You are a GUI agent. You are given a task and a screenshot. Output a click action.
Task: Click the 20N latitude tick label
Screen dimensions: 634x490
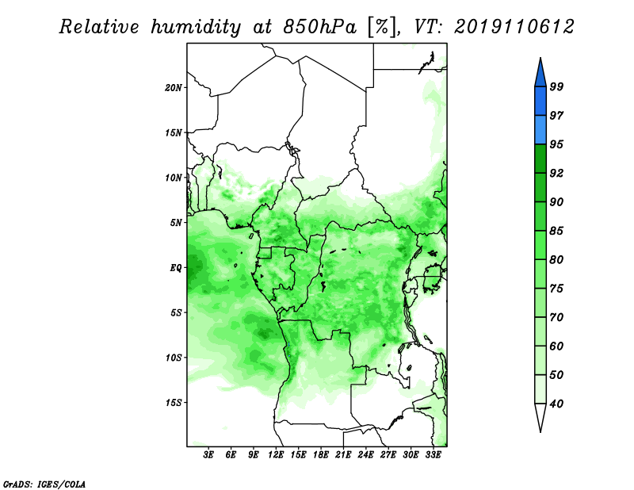(174, 88)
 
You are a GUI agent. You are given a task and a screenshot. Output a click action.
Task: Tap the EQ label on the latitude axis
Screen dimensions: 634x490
(175, 268)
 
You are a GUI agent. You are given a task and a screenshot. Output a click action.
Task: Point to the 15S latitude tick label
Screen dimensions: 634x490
(174, 403)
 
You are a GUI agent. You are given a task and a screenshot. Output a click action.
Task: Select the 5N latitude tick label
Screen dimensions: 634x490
(176, 223)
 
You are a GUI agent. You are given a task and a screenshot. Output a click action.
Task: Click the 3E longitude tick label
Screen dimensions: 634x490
(208, 454)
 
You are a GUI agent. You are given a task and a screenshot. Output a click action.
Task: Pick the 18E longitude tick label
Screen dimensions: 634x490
(321, 454)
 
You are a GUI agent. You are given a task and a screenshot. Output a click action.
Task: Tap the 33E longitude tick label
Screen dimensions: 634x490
(433, 454)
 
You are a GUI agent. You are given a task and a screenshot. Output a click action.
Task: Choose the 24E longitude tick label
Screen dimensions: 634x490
(365, 454)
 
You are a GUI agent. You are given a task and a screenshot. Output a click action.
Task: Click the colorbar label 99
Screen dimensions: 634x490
(556, 86)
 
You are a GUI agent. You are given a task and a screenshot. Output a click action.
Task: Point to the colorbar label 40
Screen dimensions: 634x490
(556, 404)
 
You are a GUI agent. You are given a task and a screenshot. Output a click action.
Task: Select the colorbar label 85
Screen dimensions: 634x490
(556, 231)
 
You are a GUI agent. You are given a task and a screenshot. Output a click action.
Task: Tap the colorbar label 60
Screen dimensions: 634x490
(556, 346)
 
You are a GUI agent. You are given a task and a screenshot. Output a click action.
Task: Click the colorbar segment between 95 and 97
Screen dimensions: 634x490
(540, 130)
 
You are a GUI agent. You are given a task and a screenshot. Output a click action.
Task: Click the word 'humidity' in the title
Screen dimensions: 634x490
(196, 28)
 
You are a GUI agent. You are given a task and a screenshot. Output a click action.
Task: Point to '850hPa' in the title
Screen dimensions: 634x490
(320, 28)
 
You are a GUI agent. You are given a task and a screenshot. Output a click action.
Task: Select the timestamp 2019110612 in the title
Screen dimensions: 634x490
(514, 27)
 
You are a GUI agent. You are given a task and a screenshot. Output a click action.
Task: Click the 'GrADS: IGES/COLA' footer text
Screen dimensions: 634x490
(44, 484)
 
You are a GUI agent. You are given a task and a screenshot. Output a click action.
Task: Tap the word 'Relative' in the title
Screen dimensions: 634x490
(99, 27)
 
